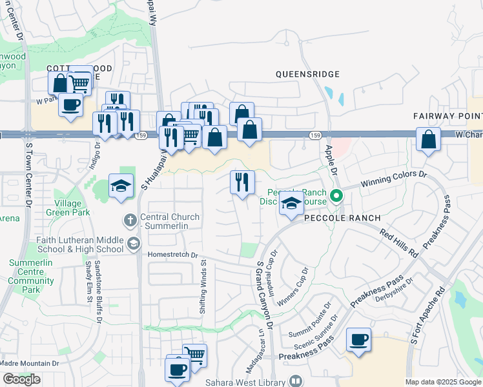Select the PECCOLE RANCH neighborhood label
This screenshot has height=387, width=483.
338,218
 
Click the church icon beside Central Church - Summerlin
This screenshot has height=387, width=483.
130,220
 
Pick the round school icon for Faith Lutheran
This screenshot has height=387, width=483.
133,243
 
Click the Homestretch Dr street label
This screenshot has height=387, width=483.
172,255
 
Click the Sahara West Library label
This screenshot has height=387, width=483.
245,382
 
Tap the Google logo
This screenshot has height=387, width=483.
21,379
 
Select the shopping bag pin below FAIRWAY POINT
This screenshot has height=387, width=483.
428,139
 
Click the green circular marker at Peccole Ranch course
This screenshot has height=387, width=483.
336,194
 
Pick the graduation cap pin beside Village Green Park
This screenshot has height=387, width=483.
121,186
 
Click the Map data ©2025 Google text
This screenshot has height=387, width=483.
442,382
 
